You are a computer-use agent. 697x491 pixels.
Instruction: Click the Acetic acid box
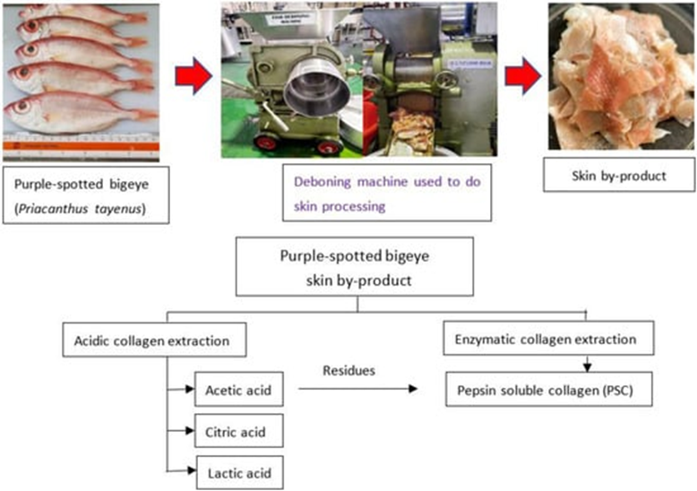(x=236, y=391)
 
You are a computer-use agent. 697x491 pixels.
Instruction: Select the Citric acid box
(x=237, y=431)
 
